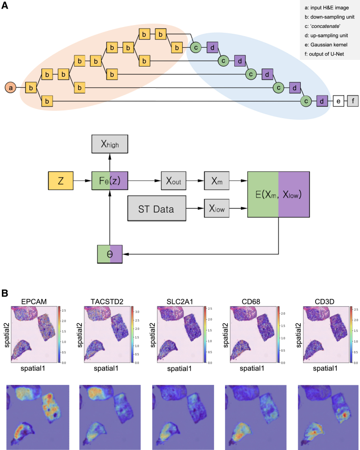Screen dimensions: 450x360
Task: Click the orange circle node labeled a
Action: point(11,88)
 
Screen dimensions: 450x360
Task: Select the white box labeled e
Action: point(338,102)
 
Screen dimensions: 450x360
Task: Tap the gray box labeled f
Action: point(353,102)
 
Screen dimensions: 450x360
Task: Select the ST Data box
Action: point(158,209)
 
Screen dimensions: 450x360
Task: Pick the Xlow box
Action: point(216,209)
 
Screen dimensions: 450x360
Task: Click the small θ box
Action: point(110,253)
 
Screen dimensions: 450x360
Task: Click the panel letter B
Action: point(5,292)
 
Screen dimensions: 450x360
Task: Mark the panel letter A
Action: point(5,6)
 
